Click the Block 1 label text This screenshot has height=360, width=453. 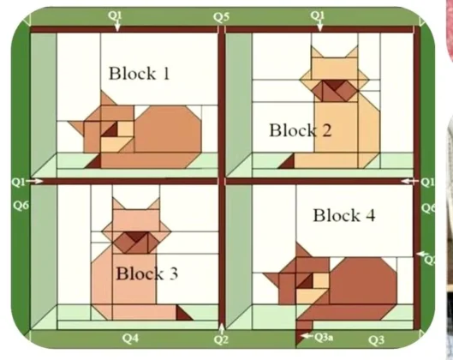coord(139,73)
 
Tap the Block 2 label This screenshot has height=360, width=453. coord(301,130)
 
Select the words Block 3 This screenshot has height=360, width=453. coord(146,273)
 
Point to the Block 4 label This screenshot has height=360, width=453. coord(344,215)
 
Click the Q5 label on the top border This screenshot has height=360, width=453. coord(222,17)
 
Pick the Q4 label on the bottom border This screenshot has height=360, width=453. coord(130,338)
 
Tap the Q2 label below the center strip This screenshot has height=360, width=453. coord(221,339)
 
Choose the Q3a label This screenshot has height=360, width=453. coord(324,337)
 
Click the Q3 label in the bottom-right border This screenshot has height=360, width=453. coord(376,340)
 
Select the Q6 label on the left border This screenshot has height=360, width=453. coord(21,206)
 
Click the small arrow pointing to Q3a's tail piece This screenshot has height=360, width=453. coord(307,336)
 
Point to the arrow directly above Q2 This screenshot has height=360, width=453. coord(221,329)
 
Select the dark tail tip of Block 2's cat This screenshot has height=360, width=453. coord(287,163)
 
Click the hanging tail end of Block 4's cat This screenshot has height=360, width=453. coord(303,333)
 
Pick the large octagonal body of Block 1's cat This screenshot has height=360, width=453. coord(168,129)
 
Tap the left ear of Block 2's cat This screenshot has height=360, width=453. coord(317,52)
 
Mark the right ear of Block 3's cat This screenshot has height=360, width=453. coord(153,204)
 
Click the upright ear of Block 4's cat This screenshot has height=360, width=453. coord(303,250)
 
